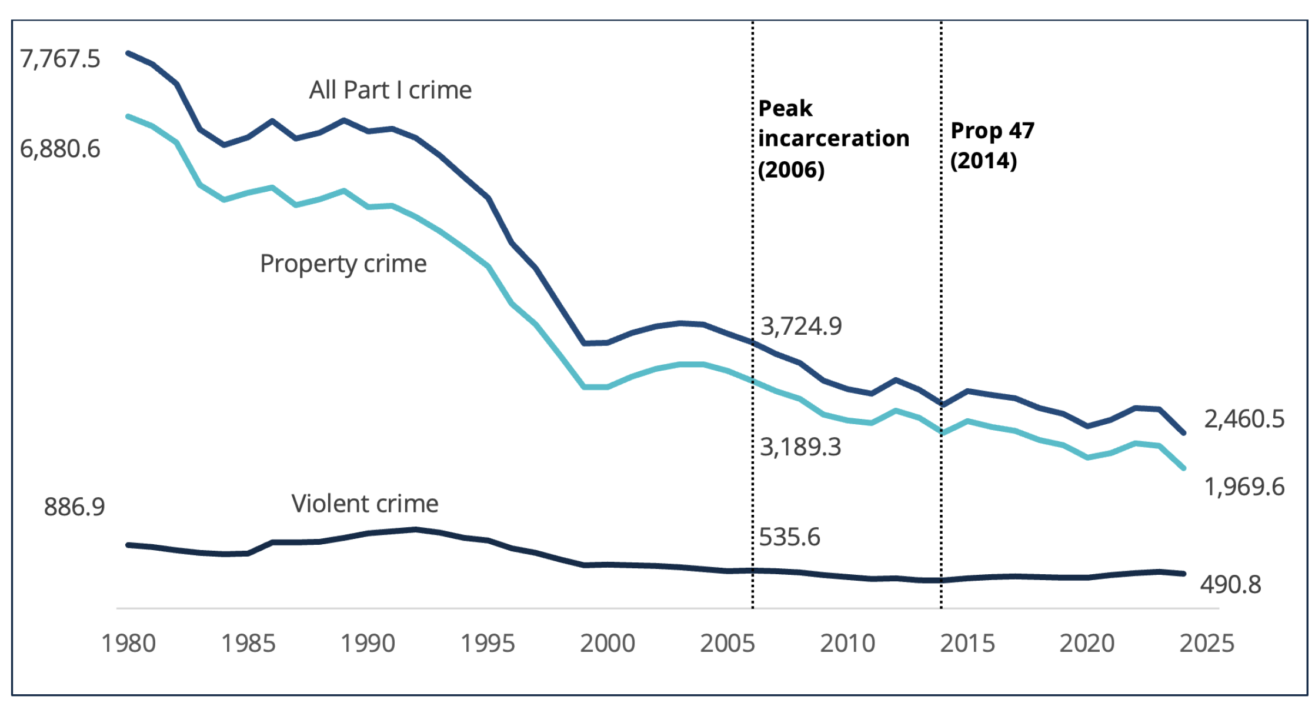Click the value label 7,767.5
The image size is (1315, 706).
[x=60, y=59]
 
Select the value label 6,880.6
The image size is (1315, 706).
[x=60, y=149]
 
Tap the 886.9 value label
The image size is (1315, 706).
[x=74, y=507]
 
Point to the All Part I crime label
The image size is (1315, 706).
[x=391, y=90]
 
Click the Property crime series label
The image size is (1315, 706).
[x=343, y=264]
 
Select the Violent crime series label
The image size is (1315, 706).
[x=365, y=504]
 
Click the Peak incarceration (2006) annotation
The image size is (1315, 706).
[x=833, y=139]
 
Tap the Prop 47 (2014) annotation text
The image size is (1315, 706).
[x=992, y=145]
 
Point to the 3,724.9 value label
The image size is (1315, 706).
[x=801, y=326]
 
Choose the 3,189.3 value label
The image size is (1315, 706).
[x=800, y=447]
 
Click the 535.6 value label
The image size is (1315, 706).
[x=789, y=537]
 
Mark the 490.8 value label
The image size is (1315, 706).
[x=1230, y=585]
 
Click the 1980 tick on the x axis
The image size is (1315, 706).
[x=128, y=644]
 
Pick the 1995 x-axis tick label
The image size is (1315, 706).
[x=488, y=644]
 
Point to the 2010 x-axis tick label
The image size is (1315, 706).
[x=847, y=644]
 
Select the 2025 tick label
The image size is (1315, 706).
[x=1207, y=644]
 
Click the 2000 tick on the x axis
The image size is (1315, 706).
[x=608, y=644]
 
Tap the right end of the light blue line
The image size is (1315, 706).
[x=1183, y=468]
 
